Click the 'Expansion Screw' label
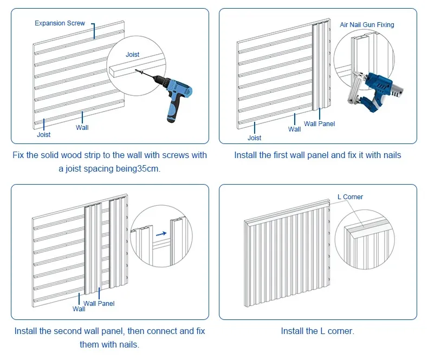pos(60,23)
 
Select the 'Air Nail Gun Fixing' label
pos(367,25)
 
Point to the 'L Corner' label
pos(350,197)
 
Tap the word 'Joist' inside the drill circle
pos(133,55)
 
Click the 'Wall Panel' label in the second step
pos(319,124)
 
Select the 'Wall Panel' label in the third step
pos(99,304)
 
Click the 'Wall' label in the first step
pos(82,128)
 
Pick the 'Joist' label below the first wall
pos(44,135)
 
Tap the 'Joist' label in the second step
pos(255,138)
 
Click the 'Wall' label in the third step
pos(79,309)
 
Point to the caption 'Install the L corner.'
pos(317,331)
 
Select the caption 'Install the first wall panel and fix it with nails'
pos(317,155)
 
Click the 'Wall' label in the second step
pos(295,129)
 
